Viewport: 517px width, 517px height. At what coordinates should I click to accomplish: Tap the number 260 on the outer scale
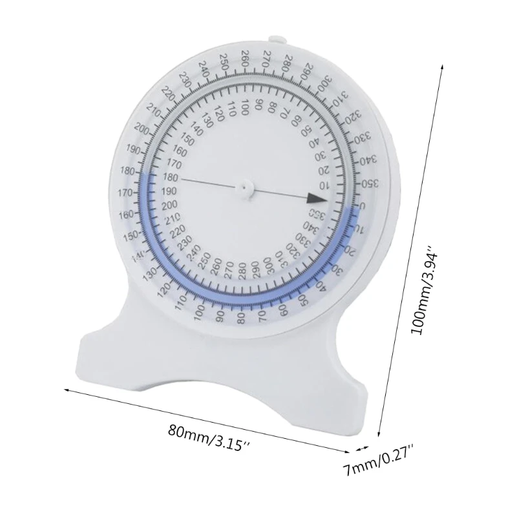(246, 58)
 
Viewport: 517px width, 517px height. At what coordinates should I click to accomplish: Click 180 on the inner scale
(170, 177)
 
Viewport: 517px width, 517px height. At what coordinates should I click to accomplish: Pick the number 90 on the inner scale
(258, 105)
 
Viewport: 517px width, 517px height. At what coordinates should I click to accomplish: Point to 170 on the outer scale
(126, 192)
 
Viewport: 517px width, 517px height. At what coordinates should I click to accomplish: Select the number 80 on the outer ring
(242, 317)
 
